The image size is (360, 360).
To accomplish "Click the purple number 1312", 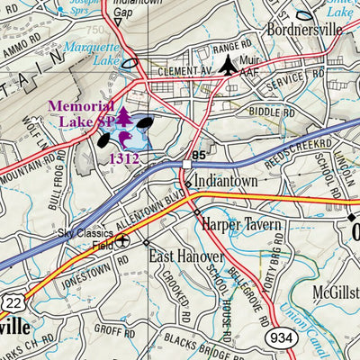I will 125,158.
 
